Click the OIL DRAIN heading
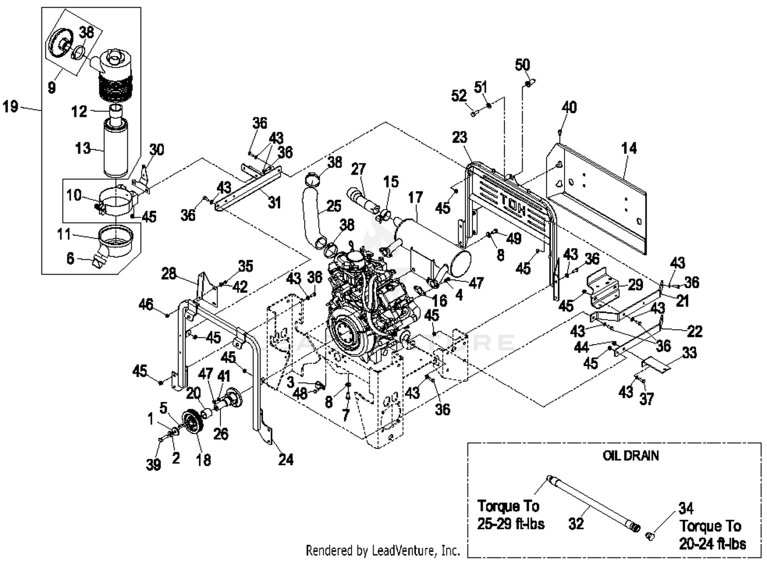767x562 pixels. pyautogui.click(x=630, y=456)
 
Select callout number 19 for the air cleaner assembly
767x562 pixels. pyautogui.click(x=11, y=106)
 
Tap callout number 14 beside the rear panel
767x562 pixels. pyautogui.click(x=628, y=148)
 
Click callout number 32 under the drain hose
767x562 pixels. pyautogui.click(x=576, y=524)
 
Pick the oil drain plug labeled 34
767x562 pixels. pyautogui.click(x=650, y=536)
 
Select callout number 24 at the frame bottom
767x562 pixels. pyautogui.click(x=286, y=459)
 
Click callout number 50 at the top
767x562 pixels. pyautogui.click(x=522, y=65)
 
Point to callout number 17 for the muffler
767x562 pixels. pyautogui.click(x=415, y=197)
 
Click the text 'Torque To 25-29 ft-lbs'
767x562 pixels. pyautogui.click(x=510, y=515)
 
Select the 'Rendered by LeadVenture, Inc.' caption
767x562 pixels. pyautogui.click(x=382, y=550)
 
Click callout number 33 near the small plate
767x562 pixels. pyautogui.click(x=689, y=352)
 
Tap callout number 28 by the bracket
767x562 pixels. pyautogui.click(x=169, y=274)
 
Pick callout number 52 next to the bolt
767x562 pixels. pyautogui.click(x=459, y=96)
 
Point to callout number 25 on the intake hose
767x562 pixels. pyautogui.click(x=333, y=206)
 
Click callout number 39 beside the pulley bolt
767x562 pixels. pyautogui.click(x=153, y=464)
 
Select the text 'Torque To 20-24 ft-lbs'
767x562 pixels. pyautogui.click(x=712, y=534)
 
